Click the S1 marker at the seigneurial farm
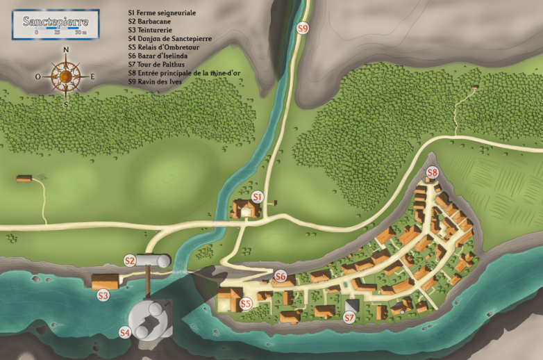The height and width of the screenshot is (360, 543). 257,197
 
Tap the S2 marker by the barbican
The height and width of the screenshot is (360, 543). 129,261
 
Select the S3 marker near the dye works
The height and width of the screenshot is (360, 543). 103,295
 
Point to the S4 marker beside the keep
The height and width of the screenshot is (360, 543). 125,332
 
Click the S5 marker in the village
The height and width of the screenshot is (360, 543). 245,304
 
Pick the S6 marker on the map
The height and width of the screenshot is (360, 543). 281,276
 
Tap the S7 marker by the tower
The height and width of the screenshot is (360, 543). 349,318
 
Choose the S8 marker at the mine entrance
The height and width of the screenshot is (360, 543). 432,172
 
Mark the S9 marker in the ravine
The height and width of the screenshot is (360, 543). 302,28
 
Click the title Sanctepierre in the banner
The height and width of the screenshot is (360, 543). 55,22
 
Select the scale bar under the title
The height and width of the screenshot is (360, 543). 59,31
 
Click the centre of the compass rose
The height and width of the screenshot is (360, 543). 66,76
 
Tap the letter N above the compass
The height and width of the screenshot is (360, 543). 66,50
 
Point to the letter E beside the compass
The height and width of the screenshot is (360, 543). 92,76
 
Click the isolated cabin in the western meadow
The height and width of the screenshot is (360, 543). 25,179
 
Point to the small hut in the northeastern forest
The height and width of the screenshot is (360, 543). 475,87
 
